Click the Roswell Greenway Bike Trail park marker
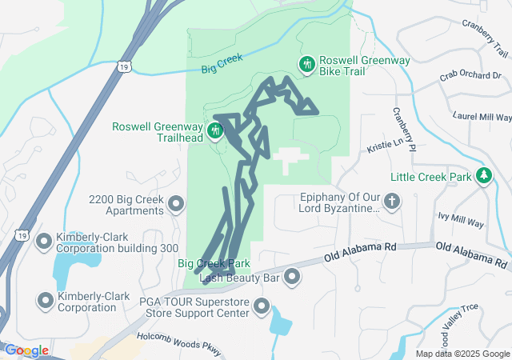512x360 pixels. (x=306, y=64)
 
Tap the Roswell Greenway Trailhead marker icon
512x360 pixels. (x=214, y=130)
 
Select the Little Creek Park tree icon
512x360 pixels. (x=483, y=175)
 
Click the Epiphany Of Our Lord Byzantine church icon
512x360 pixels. (x=392, y=202)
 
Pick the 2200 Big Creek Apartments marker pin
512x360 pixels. (x=177, y=205)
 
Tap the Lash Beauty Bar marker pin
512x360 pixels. (x=292, y=278)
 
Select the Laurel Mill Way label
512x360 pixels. (x=482, y=116)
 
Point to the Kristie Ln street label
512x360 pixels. (x=387, y=144)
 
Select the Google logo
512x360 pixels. (x=26, y=350)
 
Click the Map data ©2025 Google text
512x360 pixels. (x=462, y=354)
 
